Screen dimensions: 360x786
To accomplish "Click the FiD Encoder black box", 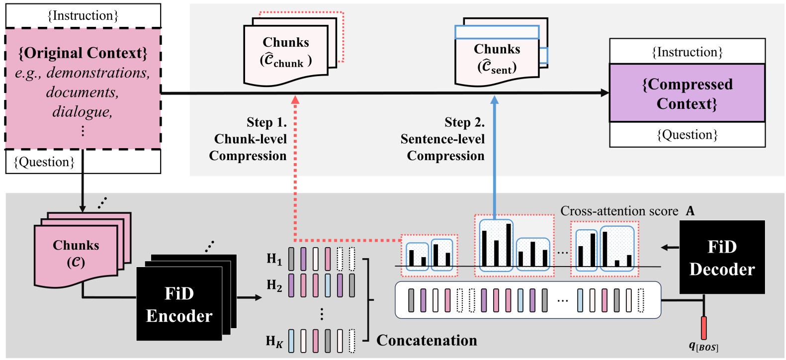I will pyautogui.click(x=179, y=304).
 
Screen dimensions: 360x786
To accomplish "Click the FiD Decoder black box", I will pyautogui.click(x=722, y=258).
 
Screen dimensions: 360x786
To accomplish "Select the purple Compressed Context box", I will pyautogui.click(x=687, y=93).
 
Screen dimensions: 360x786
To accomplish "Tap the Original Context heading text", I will pyautogui.click(x=83, y=53).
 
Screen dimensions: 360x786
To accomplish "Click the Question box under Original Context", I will pyautogui.click(x=83, y=162).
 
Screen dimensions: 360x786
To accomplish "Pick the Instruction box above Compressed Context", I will pyautogui.click(x=687, y=52).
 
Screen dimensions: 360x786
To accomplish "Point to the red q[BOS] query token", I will pyautogui.click(x=703, y=328).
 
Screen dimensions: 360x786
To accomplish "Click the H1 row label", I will pyautogui.click(x=274, y=259).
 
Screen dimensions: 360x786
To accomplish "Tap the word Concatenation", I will pyautogui.click(x=427, y=340).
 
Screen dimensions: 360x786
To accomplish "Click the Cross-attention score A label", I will pyautogui.click(x=627, y=211).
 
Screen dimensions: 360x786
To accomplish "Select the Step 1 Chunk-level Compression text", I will pyautogui.click(x=249, y=139).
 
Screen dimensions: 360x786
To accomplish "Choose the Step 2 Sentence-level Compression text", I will pyautogui.click(x=443, y=139).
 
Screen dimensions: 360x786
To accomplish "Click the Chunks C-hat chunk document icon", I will pyautogui.click(x=286, y=52).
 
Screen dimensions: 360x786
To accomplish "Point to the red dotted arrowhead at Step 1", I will pyautogui.click(x=295, y=100).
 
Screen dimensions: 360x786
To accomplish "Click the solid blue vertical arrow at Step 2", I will pyautogui.click(x=494, y=159).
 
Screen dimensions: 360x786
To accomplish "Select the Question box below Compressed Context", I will pyautogui.click(x=687, y=135).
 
